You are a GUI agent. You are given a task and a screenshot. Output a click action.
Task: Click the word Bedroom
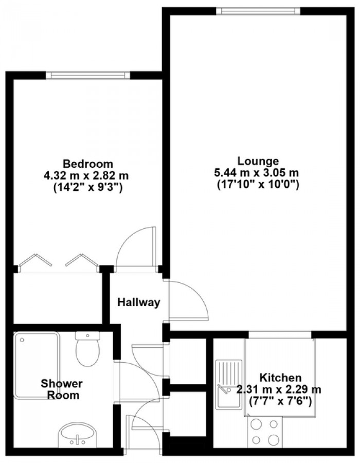pos(88,163)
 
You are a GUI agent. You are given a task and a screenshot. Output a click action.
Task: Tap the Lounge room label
pos(258,161)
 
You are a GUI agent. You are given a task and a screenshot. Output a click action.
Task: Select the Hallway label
pos(139,302)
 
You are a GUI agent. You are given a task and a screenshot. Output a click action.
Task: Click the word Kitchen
pos(280,378)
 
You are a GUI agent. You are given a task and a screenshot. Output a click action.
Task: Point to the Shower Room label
pos(61,389)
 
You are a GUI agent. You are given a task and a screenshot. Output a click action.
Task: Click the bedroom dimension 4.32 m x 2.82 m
pos(86,176)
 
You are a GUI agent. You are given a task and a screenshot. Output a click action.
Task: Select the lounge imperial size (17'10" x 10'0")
pos(258,185)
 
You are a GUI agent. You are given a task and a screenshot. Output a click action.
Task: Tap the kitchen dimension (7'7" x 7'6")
pos(280,401)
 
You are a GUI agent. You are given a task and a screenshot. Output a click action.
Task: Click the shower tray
pos(37,366)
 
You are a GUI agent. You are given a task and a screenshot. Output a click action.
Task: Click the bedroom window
pos(88,75)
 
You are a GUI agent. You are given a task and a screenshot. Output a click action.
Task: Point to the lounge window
pos(258,11)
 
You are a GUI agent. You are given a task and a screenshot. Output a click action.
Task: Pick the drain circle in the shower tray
pos(22,340)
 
